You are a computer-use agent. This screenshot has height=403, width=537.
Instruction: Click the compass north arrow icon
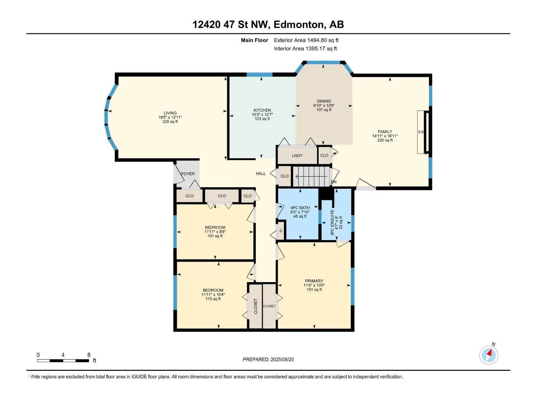[489, 355]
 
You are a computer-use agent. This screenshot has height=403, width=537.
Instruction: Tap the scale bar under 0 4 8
[63, 361]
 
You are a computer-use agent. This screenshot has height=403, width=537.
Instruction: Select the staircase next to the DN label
[311, 176]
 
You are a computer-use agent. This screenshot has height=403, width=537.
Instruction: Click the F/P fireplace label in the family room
[421, 132]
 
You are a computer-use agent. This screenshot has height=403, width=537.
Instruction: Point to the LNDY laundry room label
[297, 155]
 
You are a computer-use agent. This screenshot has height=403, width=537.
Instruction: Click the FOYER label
[188, 174]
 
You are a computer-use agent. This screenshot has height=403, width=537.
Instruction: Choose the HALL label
[261, 174]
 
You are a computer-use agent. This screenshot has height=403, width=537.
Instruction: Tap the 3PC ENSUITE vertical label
[332, 223]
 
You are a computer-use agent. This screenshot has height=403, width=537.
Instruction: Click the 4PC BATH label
[300, 208]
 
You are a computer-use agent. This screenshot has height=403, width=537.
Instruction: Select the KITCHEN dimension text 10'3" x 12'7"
[262, 115]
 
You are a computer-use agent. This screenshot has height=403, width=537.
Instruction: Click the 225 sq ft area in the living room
[170, 122]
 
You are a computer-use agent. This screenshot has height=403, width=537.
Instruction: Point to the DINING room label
[324, 101]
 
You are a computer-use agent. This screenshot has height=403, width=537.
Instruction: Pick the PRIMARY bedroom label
[314, 281]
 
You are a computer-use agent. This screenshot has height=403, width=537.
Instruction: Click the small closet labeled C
[281, 231]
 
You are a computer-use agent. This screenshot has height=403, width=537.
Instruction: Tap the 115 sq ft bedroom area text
[213, 299]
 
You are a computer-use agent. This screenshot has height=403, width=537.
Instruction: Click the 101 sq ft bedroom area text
[215, 236]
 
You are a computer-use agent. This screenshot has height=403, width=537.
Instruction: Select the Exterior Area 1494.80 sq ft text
[306, 40]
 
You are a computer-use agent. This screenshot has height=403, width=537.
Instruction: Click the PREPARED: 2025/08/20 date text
[268, 359]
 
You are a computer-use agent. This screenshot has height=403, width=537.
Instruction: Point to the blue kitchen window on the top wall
[259, 75]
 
